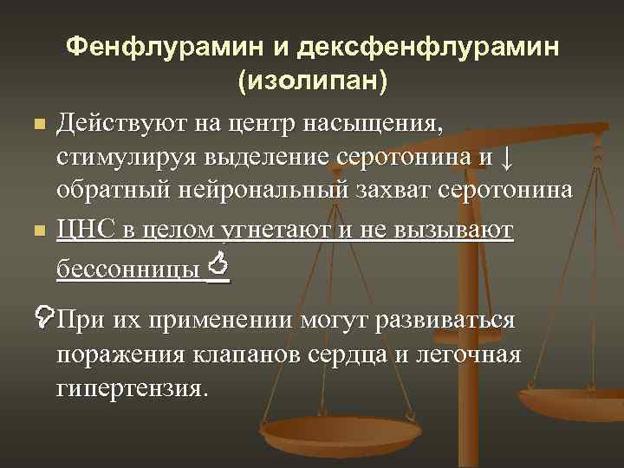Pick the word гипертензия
(x=132, y=387)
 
